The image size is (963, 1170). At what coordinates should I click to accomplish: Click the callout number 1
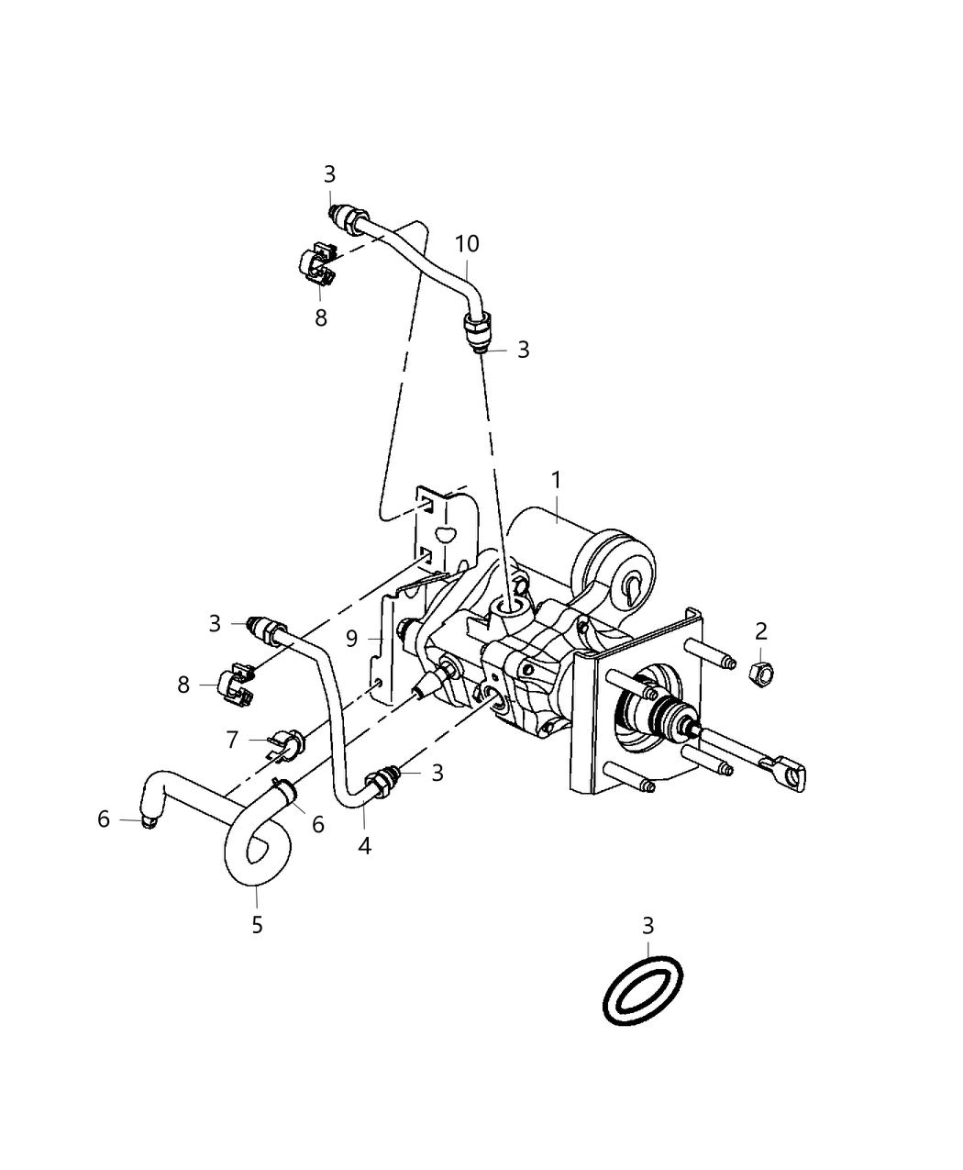556,480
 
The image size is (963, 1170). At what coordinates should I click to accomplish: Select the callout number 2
761,630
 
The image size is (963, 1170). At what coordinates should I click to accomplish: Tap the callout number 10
467,244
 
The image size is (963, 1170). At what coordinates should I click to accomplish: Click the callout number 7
232,739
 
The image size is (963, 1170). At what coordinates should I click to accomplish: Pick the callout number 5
257,924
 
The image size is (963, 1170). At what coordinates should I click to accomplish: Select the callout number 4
364,846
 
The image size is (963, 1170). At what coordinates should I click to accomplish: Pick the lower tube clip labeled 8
237,685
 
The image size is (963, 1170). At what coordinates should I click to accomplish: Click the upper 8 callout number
321,318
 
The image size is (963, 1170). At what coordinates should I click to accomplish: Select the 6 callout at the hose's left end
104,819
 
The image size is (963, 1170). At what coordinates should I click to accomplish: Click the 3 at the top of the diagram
329,173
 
